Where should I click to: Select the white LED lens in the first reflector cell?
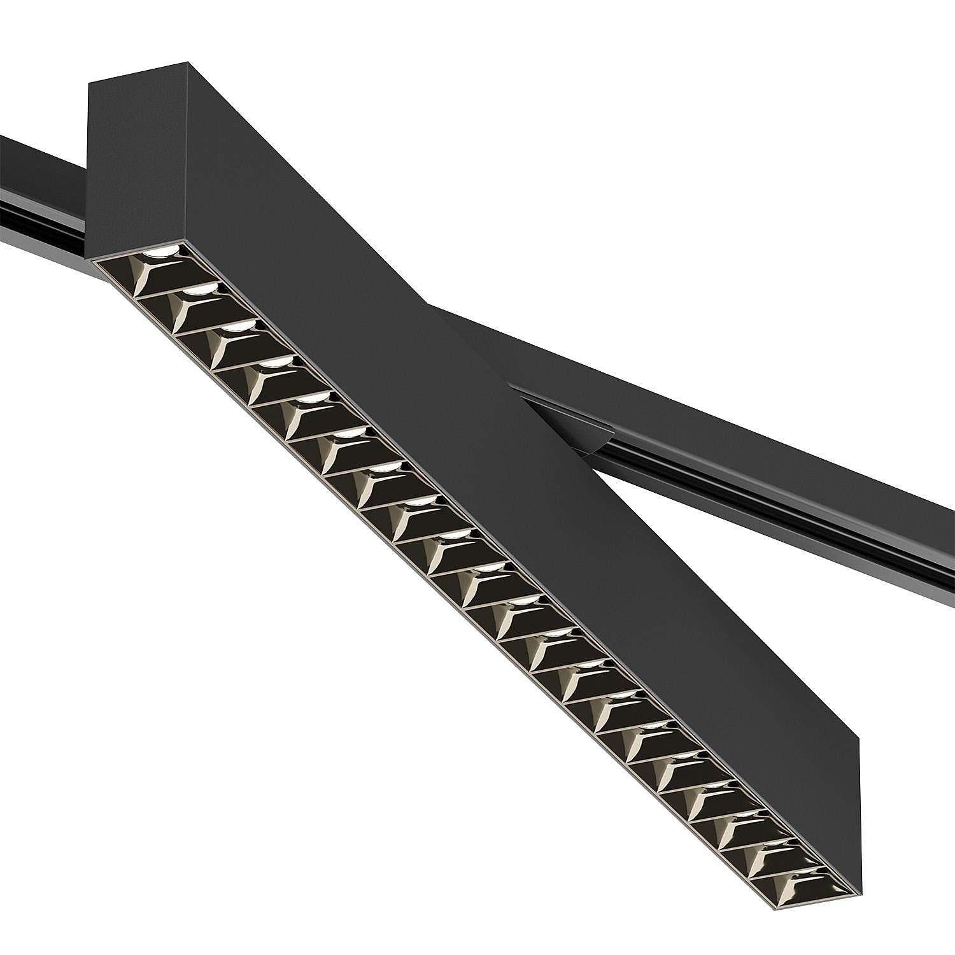tap(159, 252)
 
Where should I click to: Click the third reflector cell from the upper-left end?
tap(220, 337)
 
